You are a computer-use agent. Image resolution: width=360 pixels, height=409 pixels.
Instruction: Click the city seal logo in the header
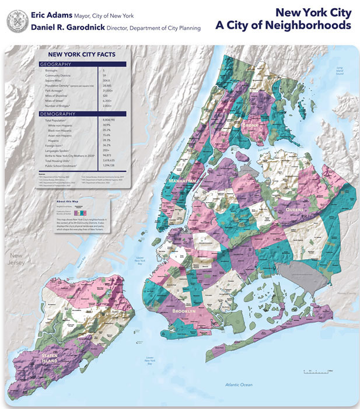tap(16, 21)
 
